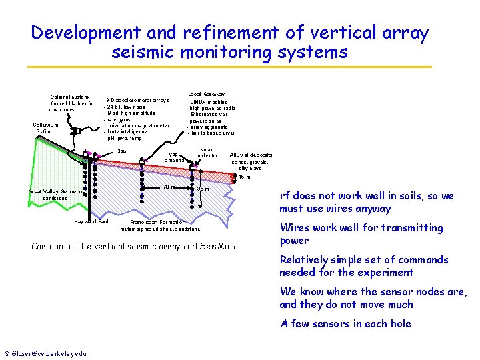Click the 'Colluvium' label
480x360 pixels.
45,125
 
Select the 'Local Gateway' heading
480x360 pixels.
206,94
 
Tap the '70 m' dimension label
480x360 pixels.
169,187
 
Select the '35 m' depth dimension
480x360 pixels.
203,189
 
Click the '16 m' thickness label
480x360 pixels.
245,177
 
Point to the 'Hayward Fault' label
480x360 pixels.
92,221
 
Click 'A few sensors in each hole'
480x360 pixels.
345,323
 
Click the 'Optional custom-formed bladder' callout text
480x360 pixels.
72,103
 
